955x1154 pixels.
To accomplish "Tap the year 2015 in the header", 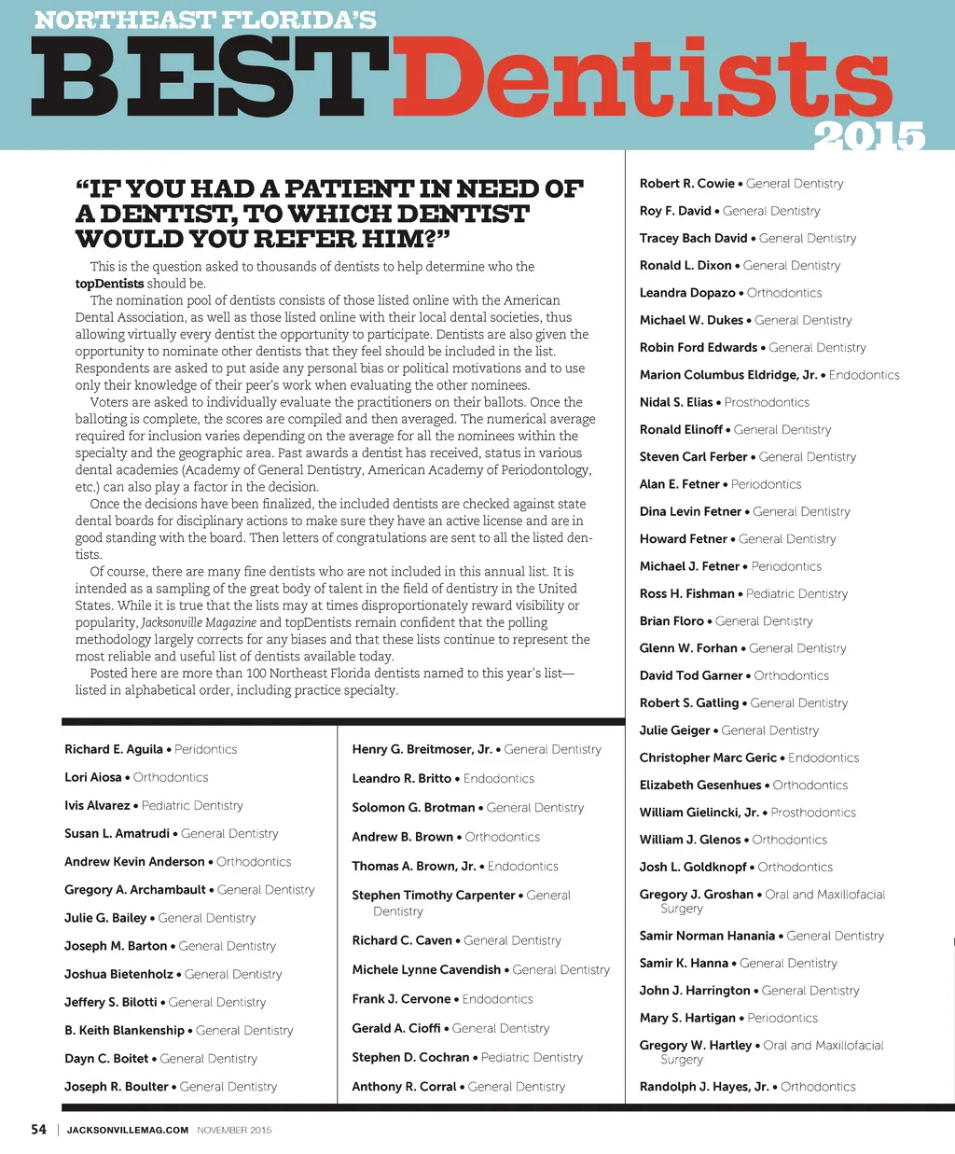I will pos(868,137).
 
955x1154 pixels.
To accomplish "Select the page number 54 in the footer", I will pos(38,1130).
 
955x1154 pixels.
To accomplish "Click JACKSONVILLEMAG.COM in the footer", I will pos(128,1130).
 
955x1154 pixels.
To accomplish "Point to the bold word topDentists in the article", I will pos(109,284).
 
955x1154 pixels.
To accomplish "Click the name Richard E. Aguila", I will pos(114,749).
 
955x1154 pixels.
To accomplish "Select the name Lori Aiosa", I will pos(93,777).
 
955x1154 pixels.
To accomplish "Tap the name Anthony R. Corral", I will pos(404,1087).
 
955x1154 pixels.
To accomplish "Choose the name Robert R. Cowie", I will pos(687,184).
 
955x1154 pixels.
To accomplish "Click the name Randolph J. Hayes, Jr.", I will pos(704,1087).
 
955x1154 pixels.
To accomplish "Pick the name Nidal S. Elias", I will pos(676,402).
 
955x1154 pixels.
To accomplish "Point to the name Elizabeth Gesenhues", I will pos(700,786).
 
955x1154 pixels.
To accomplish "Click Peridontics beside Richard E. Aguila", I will pos(205,749).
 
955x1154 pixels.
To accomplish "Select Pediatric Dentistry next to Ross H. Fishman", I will pos(797,593).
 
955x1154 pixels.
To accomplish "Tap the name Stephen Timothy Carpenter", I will pos(433,896).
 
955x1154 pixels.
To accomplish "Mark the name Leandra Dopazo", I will pos(687,293).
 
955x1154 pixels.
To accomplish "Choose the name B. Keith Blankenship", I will pos(124,1031).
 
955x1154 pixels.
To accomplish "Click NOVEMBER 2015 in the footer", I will pos(234,1130).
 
